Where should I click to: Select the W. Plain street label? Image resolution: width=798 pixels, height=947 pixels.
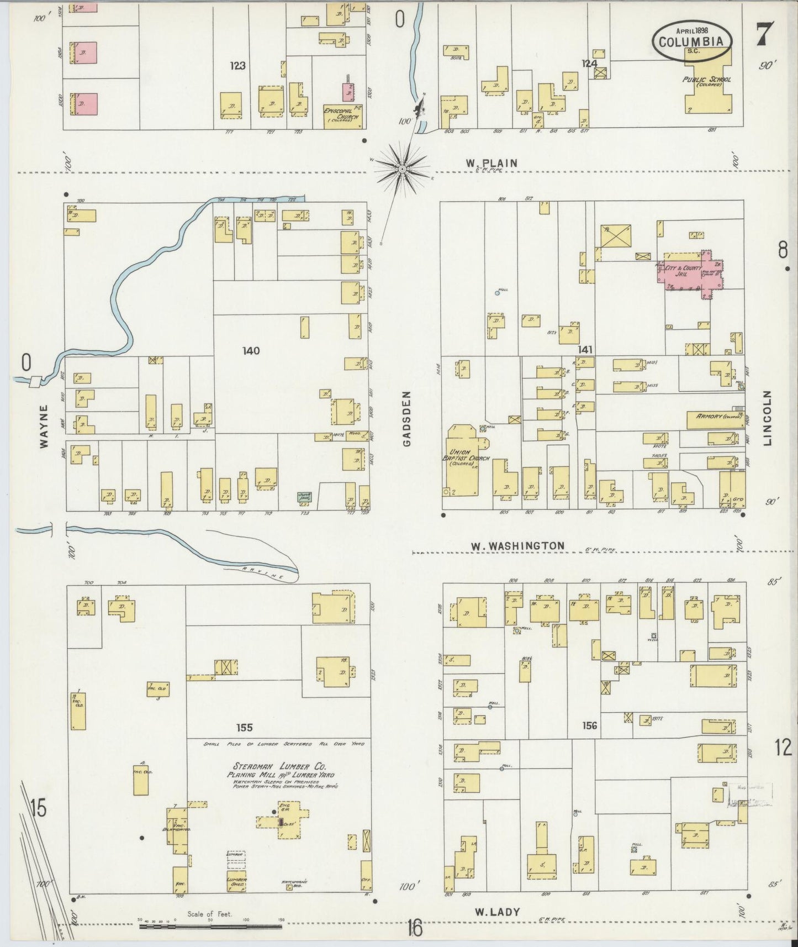492,163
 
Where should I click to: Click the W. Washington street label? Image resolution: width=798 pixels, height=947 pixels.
517,546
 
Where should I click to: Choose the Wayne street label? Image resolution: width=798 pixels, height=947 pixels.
44,425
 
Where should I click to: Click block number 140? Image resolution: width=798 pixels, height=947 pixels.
251,350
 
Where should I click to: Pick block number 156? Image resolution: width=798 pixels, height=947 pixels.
590,725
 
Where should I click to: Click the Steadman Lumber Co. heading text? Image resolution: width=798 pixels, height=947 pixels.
279,766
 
